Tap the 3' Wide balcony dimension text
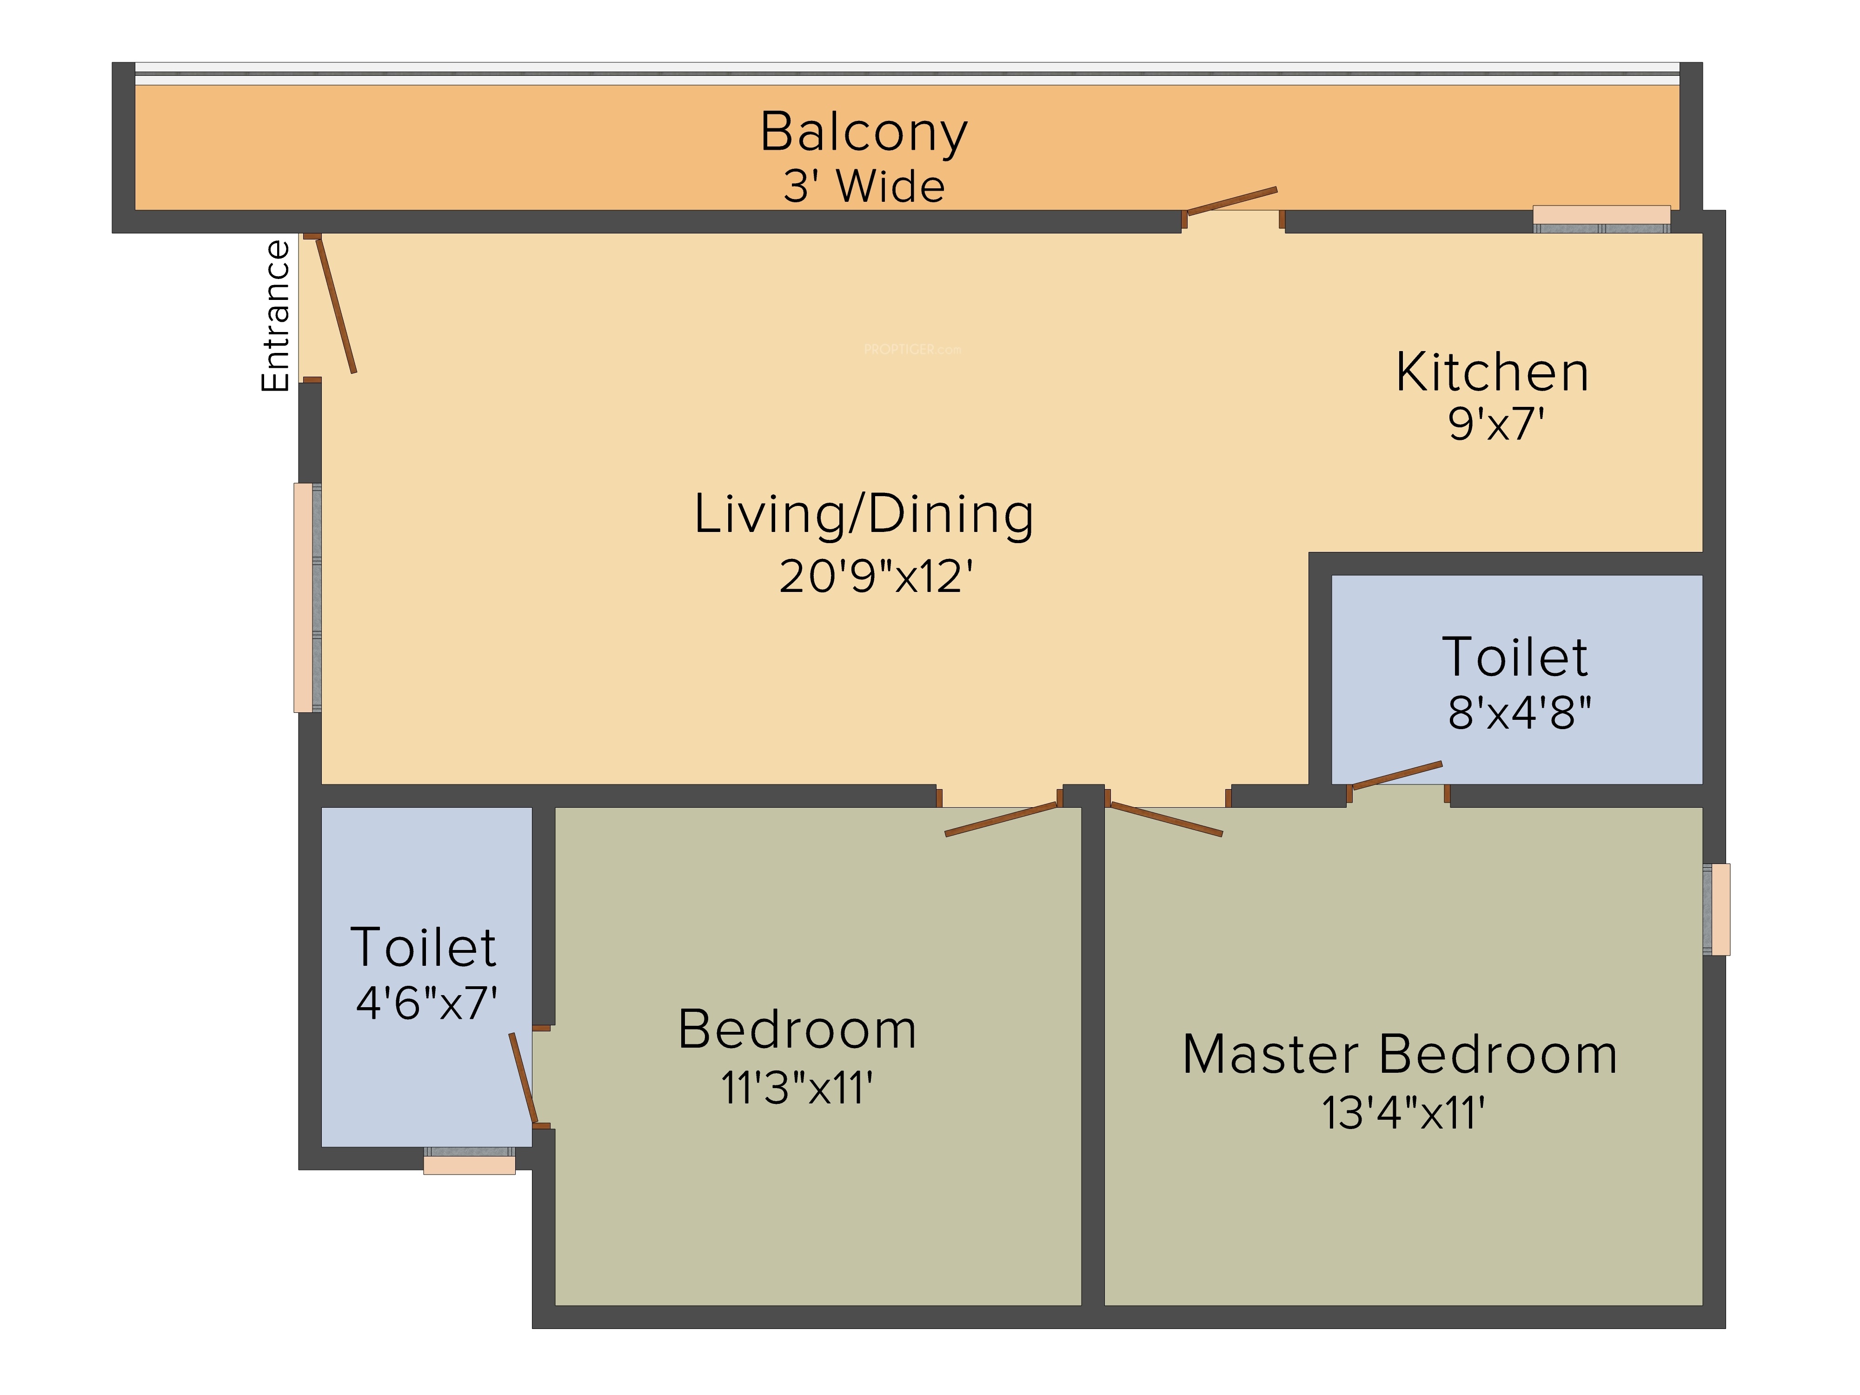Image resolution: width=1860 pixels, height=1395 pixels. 864,186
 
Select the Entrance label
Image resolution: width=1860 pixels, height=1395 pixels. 275,316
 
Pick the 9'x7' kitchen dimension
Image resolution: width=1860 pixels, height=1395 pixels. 1496,424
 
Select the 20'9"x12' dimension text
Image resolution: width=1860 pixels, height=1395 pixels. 876,577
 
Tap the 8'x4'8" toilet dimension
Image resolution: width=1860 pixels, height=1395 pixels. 1520,712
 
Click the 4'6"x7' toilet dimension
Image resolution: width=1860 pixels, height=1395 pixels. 426,1003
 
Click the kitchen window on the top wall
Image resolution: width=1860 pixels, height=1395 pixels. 1602,219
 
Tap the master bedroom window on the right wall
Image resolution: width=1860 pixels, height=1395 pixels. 1716,909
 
